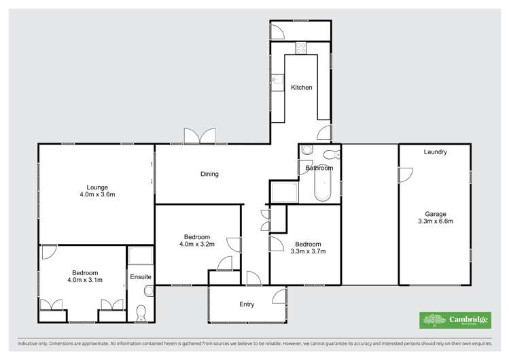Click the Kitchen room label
point(302,88)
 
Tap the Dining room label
point(209,174)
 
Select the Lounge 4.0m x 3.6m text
point(96,191)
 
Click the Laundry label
point(435,152)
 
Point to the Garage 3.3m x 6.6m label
point(435,217)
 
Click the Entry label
point(247,304)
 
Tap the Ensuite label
point(141,277)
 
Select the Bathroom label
point(319,168)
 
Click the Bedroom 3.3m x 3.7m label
point(308,247)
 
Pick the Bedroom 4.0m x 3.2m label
point(196,240)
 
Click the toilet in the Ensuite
point(141,312)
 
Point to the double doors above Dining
point(199,136)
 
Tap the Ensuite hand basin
point(148,291)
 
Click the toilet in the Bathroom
point(332,153)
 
